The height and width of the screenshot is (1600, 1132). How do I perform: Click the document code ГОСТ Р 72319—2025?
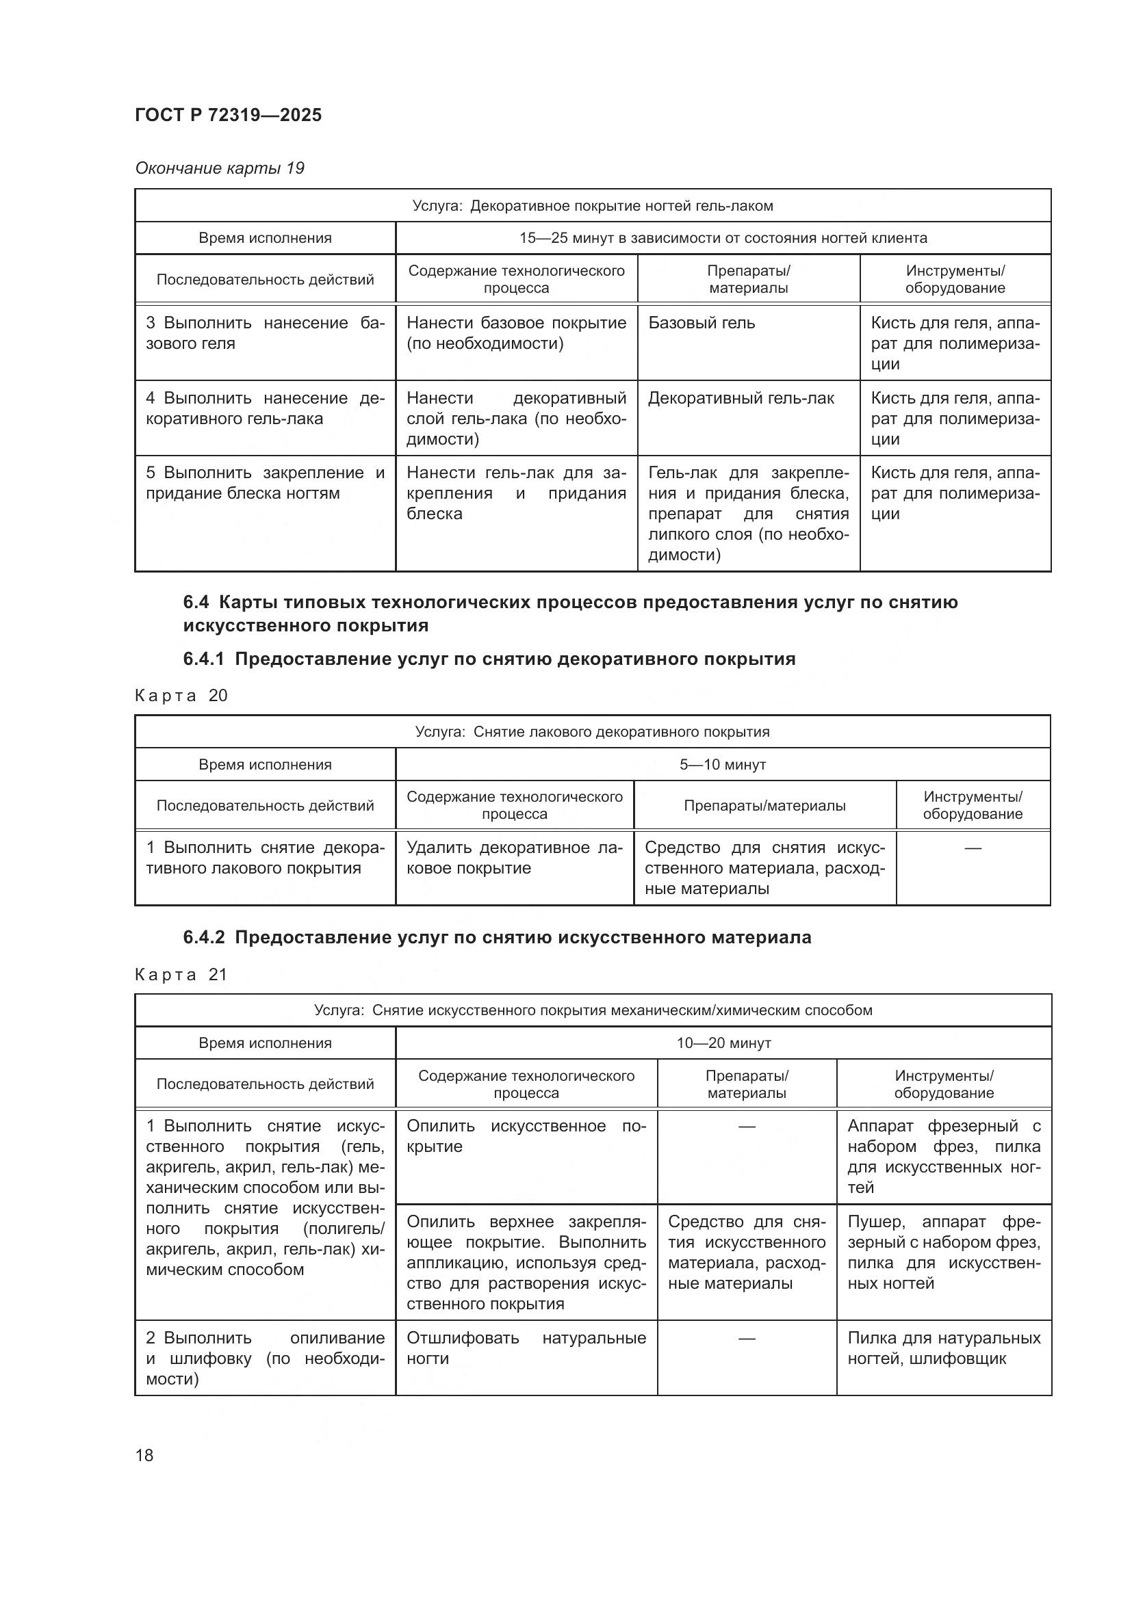coord(228,115)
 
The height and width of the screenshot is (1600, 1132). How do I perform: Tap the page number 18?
coord(144,1455)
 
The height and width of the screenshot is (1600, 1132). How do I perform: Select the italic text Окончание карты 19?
coord(220,168)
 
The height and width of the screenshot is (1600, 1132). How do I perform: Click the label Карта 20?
coord(181,696)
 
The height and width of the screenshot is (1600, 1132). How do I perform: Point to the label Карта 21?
coord(181,974)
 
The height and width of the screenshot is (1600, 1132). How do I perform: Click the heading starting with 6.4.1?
coord(489,659)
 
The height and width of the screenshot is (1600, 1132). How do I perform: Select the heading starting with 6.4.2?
coord(497,937)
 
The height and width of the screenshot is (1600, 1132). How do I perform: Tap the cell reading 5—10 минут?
coord(723,765)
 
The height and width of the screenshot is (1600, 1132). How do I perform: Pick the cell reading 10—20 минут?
coord(723,1042)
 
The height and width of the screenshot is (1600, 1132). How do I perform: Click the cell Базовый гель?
coord(702,323)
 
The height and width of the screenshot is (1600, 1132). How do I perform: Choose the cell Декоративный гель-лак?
coord(741,398)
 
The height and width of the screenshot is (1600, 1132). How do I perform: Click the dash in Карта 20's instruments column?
coord(973,848)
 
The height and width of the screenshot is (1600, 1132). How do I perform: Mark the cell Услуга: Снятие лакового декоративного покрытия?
coord(592,732)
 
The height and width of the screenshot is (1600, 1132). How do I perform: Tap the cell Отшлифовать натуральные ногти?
coord(526,1348)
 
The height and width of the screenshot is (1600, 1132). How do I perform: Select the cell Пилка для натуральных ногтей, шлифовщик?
coord(944,1348)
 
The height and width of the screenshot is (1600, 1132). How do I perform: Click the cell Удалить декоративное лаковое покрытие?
coord(515,858)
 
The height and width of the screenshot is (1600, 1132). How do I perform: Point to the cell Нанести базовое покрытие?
coord(516,333)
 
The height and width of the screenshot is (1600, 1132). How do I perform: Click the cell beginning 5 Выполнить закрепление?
coord(265,483)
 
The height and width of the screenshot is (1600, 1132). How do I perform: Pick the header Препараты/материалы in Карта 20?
coord(764,806)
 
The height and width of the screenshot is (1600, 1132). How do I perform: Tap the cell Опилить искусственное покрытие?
coord(526,1136)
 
